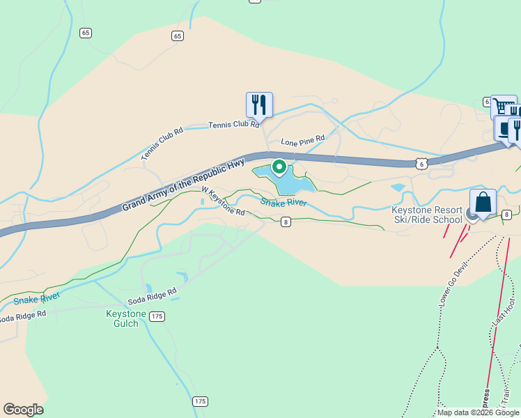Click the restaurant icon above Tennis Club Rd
point(259,105)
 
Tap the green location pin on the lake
point(279,167)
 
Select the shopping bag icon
point(483,203)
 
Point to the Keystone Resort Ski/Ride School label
point(427,215)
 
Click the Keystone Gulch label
point(126,318)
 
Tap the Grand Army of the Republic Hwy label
point(184,184)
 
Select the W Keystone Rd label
point(223,201)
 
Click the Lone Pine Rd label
point(303,140)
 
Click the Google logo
point(23,410)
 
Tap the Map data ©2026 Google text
point(479,412)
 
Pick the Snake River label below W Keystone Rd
point(283,202)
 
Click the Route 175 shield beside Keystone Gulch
point(157,316)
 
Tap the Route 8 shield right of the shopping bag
point(507,215)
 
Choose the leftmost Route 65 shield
point(86,33)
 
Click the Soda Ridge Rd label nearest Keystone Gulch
point(152,297)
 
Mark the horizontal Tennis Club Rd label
point(235,125)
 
